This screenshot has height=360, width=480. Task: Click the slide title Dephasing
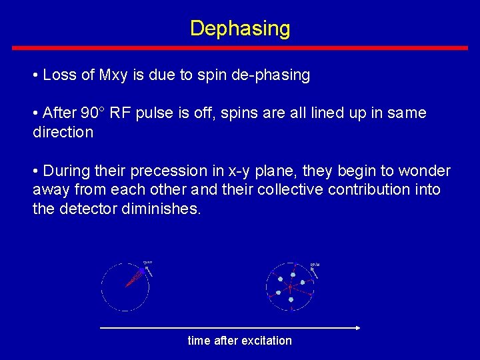click(240, 28)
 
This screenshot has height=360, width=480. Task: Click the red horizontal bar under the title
click(240, 48)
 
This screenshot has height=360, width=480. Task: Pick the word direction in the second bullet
click(63, 132)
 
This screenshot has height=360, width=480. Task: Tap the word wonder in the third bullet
click(426, 171)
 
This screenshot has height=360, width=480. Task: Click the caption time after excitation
click(240, 341)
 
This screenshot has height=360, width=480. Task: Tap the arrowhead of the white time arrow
click(357, 327)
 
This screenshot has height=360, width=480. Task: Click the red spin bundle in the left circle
click(134, 277)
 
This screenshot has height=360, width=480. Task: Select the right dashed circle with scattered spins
click(289, 287)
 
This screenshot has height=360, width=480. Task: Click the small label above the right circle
click(315, 265)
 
